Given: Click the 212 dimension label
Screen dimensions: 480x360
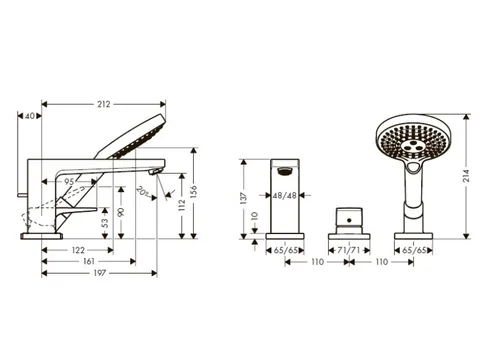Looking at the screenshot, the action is (x=103, y=104).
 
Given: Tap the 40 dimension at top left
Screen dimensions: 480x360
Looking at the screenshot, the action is (x=30, y=116).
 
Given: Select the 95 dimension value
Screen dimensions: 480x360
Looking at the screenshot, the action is (x=69, y=182).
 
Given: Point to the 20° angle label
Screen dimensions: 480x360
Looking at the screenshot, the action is (x=143, y=191).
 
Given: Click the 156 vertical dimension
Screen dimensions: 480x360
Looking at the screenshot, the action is (x=194, y=192).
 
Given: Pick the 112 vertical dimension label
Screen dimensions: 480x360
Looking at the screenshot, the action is (x=182, y=205).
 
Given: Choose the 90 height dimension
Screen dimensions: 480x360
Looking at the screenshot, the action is (x=121, y=212).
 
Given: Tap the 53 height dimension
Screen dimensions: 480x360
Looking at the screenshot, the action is (x=105, y=223).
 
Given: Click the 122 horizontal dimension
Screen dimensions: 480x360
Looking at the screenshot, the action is (x=78, y=250).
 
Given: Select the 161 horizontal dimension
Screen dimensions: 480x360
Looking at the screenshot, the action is (x=89, y=262).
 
